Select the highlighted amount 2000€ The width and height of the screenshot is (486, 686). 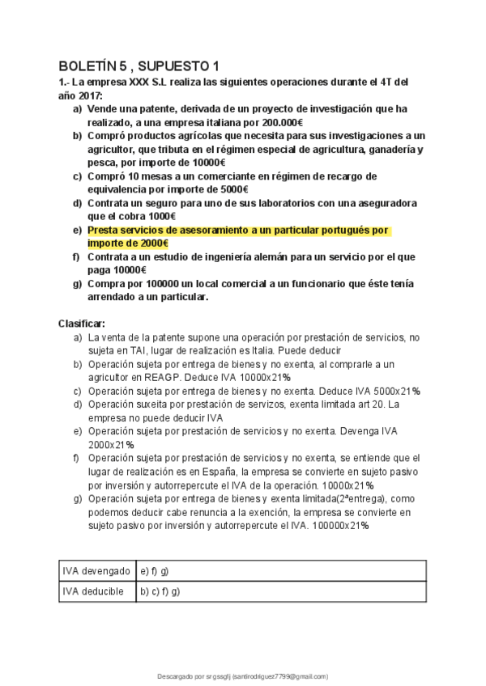(147, 244)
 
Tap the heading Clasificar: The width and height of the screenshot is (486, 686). (82, 323)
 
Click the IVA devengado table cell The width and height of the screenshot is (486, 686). (96, 571)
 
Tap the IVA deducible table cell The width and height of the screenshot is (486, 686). (94, 591)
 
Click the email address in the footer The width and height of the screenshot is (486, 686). (280, 676)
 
